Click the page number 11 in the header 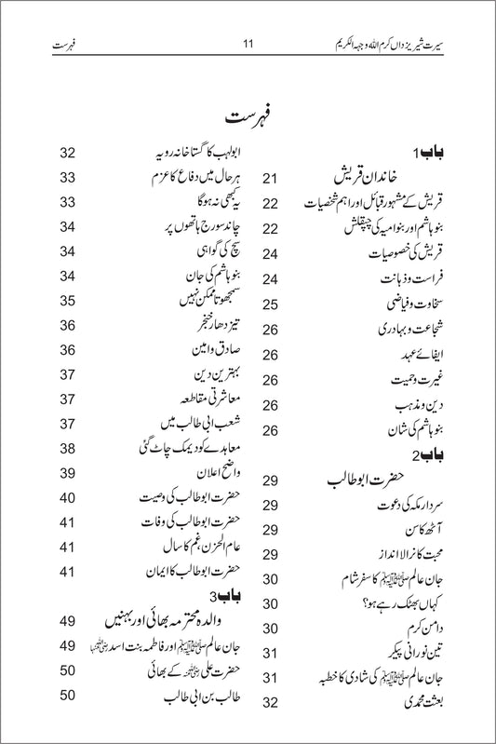[x=248, y=43]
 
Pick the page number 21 [x=272, y=177]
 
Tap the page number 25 [x=272, y=304]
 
